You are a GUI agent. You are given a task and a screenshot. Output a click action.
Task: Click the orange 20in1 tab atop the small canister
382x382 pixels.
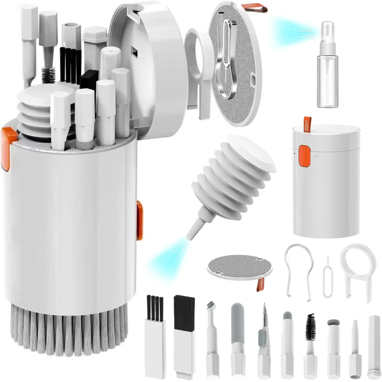point(307,124)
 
